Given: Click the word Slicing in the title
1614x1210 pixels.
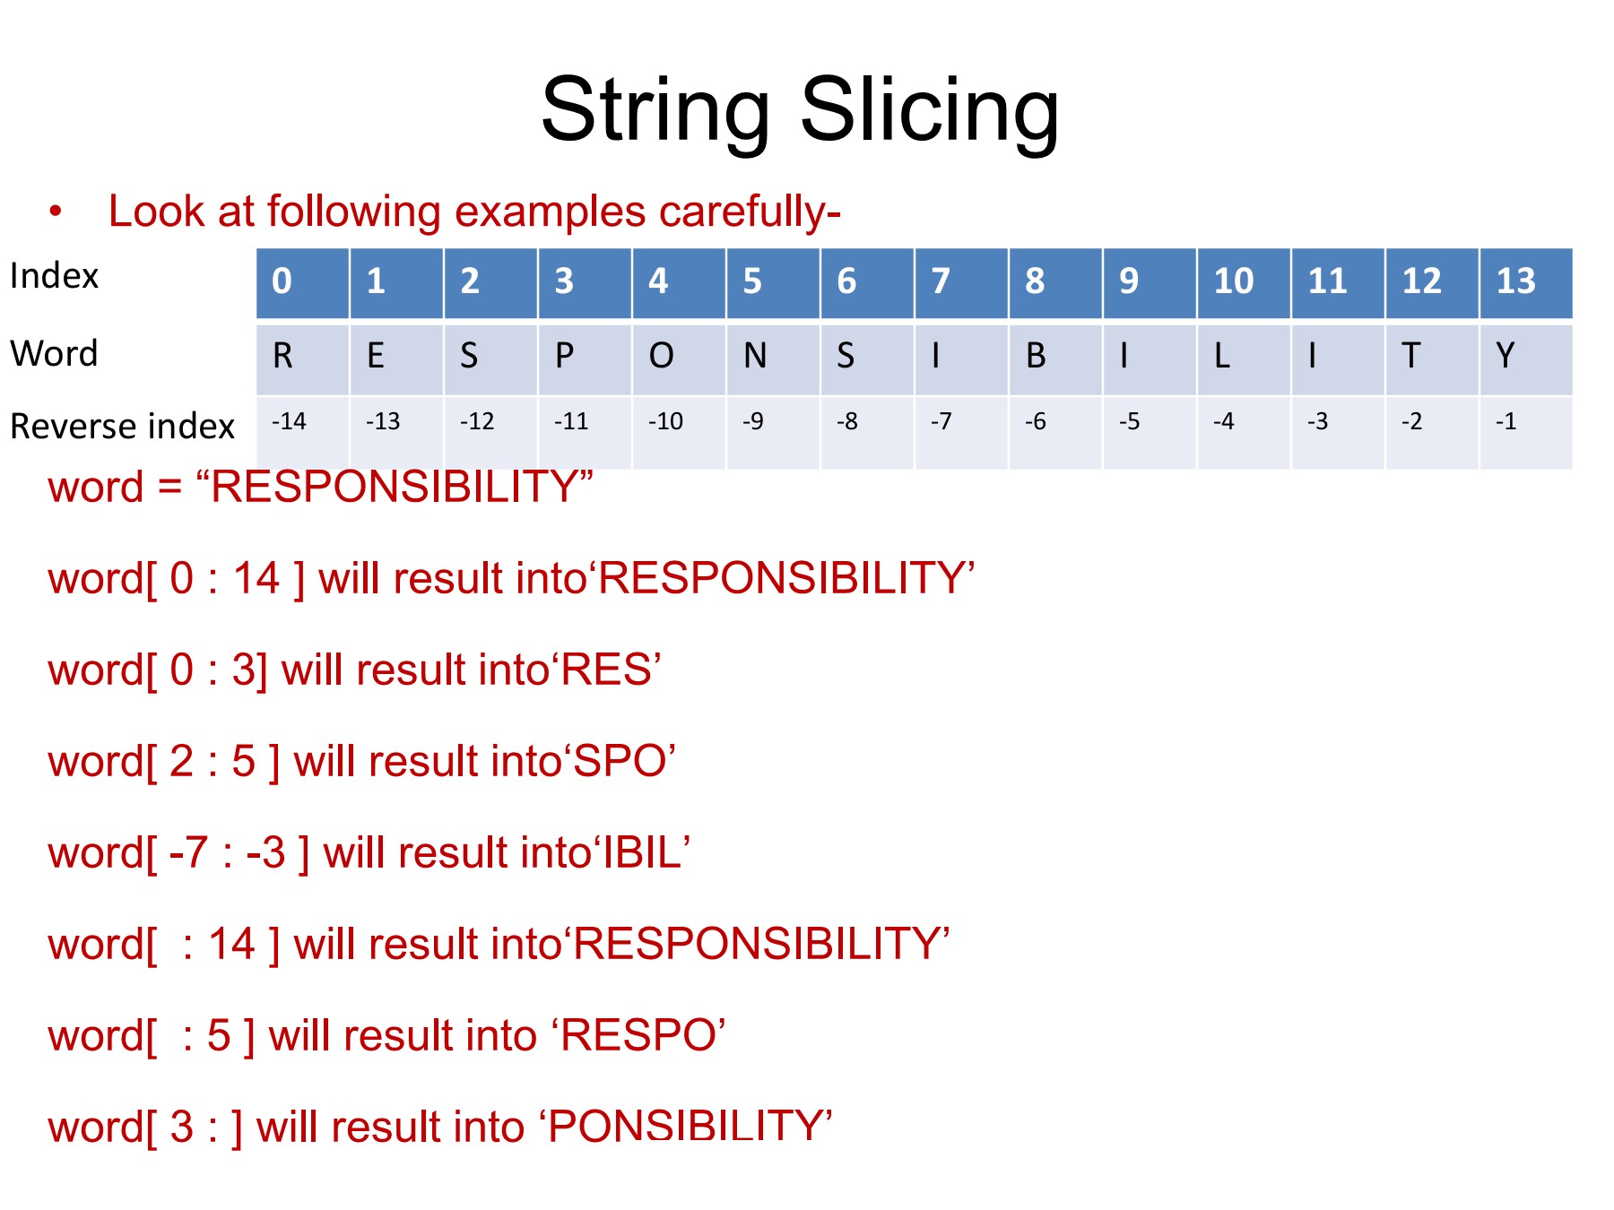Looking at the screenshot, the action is click(929, 112).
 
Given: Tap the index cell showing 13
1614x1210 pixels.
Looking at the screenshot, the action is click(1525, 283).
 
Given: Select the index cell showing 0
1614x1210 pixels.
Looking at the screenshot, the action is click(302, 283).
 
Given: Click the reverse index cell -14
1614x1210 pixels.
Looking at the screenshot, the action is click(302, 433).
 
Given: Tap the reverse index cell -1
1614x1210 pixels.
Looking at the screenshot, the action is click(1525, 433).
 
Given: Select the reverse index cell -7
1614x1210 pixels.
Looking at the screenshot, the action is click(961, 433).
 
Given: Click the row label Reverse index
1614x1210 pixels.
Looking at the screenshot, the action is click(122, 427).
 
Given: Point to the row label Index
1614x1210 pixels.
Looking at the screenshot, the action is click(54, 276).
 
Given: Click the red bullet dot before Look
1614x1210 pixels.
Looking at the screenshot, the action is click(56, 212).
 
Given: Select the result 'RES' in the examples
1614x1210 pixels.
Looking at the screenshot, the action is click(606, 670).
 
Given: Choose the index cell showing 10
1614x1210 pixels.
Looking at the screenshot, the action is click(1244, 283).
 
